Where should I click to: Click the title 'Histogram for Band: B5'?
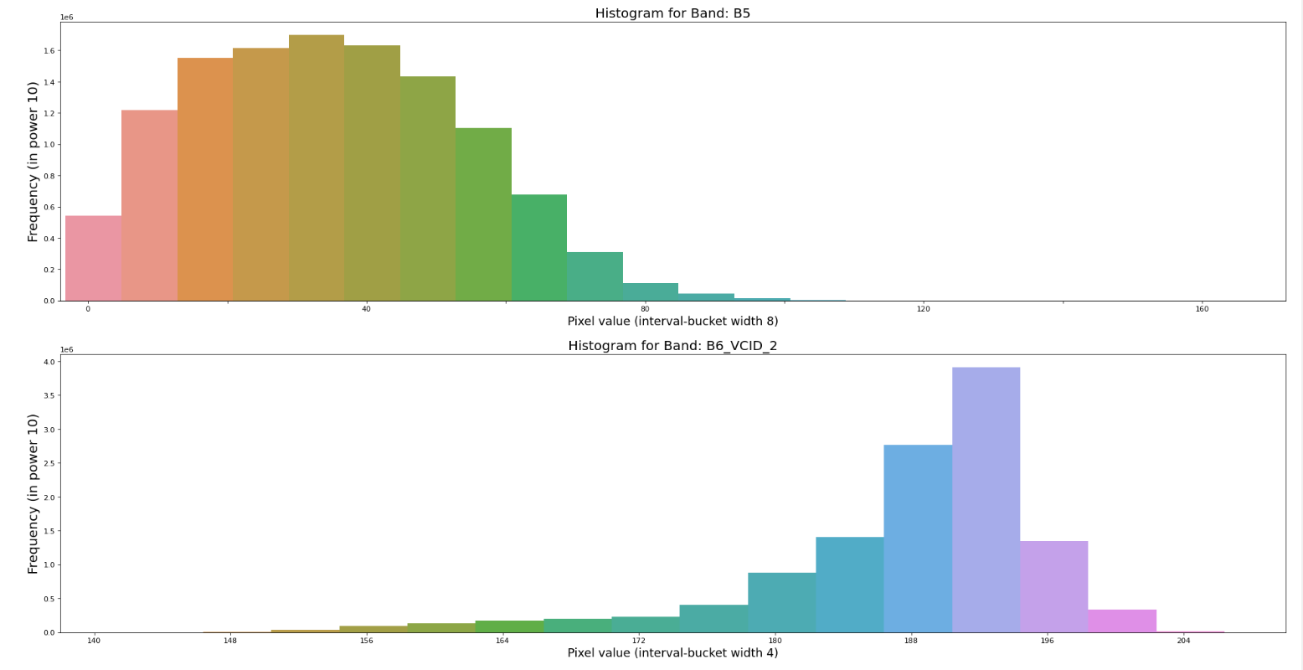(672, 13)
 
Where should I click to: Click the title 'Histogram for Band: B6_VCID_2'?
(672, 346)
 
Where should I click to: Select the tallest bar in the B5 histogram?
(316, 167)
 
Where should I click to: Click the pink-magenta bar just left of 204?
(1121, 621)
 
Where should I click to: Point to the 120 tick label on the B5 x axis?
(923, 310)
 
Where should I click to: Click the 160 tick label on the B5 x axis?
(1202, 310)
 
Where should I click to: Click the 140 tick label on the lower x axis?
(94, 642)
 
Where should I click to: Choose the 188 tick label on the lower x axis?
(910, 642)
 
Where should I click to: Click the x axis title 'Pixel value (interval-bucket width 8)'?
(672, 322)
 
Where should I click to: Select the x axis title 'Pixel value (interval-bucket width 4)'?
(672, 653)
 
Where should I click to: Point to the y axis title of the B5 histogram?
(33, 162)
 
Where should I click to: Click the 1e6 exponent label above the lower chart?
(66, 349)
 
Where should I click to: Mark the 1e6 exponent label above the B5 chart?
(66, 17)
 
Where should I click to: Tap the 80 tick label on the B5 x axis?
(644, 310)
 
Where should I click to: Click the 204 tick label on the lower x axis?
(1182, 642)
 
